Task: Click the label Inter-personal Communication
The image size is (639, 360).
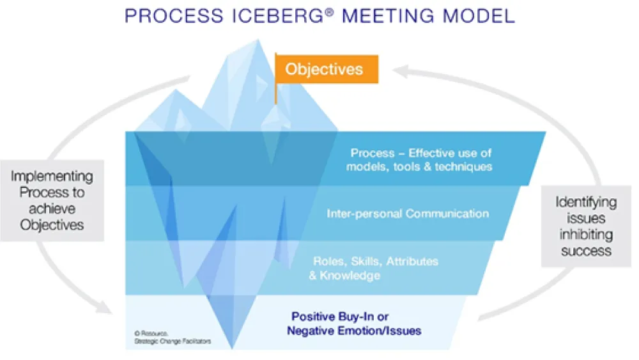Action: (408, 214)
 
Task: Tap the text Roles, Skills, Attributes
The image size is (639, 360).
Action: (376, 262)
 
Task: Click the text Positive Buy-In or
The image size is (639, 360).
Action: (340, 317)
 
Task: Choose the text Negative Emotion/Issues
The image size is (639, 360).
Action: (354, 331)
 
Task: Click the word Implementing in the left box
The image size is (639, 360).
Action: (52, 176)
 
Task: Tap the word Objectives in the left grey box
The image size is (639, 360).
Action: (52, 224)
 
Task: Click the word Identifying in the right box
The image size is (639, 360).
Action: (586, 203)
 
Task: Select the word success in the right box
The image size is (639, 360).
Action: (586, 251)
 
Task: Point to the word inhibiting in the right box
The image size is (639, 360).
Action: (586, 235)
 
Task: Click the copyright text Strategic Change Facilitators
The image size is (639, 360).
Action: (172, 341)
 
